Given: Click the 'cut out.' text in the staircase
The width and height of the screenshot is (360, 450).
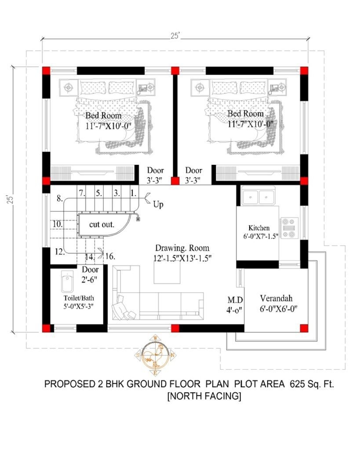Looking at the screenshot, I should coord(102,224).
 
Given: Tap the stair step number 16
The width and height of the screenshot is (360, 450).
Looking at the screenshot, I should coord(110,257).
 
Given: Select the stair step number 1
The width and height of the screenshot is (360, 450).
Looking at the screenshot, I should coord(133,193).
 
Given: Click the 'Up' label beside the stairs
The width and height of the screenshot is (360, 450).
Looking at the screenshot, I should coord(158,204).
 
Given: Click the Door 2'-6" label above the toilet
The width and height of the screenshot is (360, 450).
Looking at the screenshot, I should coord(90,274).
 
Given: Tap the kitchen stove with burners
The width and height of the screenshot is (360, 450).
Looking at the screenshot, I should coord(289,228).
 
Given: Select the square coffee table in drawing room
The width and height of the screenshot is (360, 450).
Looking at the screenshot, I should coord(167,274).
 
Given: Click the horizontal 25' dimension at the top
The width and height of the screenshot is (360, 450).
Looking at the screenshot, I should coord(175,37).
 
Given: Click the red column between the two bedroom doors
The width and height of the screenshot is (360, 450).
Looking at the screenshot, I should coord(175,181).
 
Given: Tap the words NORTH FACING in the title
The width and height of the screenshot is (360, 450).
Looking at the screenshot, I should coord(204,396).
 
